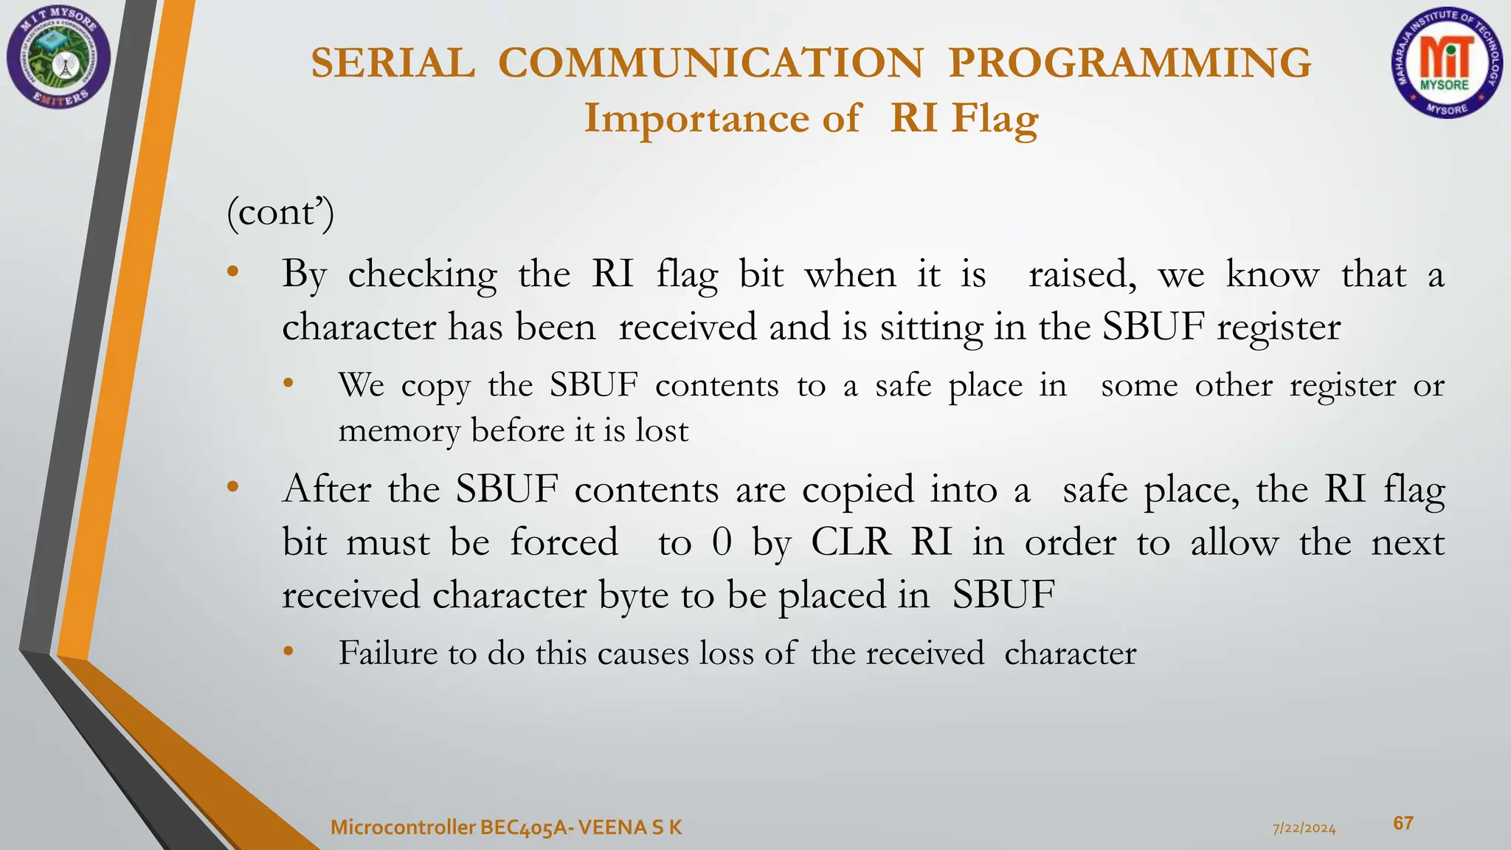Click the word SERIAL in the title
(393, 63)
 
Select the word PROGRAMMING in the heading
(1130, 63)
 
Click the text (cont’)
(280, 213)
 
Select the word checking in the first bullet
(422, 275)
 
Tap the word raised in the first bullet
(1082, 275)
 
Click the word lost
(662, 430)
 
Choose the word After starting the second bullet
(326, 489)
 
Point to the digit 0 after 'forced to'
(722, 542)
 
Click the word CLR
(851, 542)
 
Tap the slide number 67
(1403, 823)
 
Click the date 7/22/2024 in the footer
(1304, 829)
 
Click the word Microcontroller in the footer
(403, 828)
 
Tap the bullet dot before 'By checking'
(233, 272)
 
